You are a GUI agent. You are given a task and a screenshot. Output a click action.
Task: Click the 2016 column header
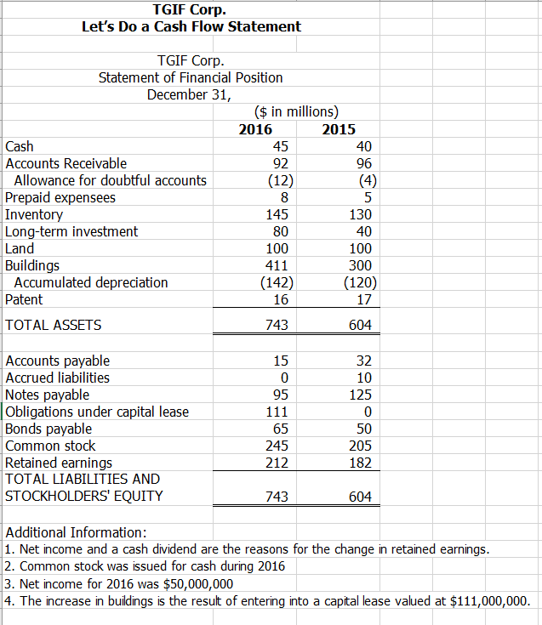coord(255,129)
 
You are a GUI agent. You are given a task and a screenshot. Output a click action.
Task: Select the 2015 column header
coord(339,129)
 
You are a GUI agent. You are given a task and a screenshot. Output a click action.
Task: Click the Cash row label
coord(20,146)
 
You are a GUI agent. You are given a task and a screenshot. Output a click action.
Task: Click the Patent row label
coord(24,299)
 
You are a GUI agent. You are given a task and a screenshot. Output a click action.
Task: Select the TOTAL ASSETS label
coord(54,325)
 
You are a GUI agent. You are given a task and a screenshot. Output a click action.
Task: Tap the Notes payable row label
coord(48,395)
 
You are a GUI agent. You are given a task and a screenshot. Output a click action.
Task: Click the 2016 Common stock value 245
coord(277,446)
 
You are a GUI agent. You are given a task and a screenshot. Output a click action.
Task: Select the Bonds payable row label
coord(48,429)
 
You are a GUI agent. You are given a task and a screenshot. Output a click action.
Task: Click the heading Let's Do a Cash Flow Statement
coord(191,26)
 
